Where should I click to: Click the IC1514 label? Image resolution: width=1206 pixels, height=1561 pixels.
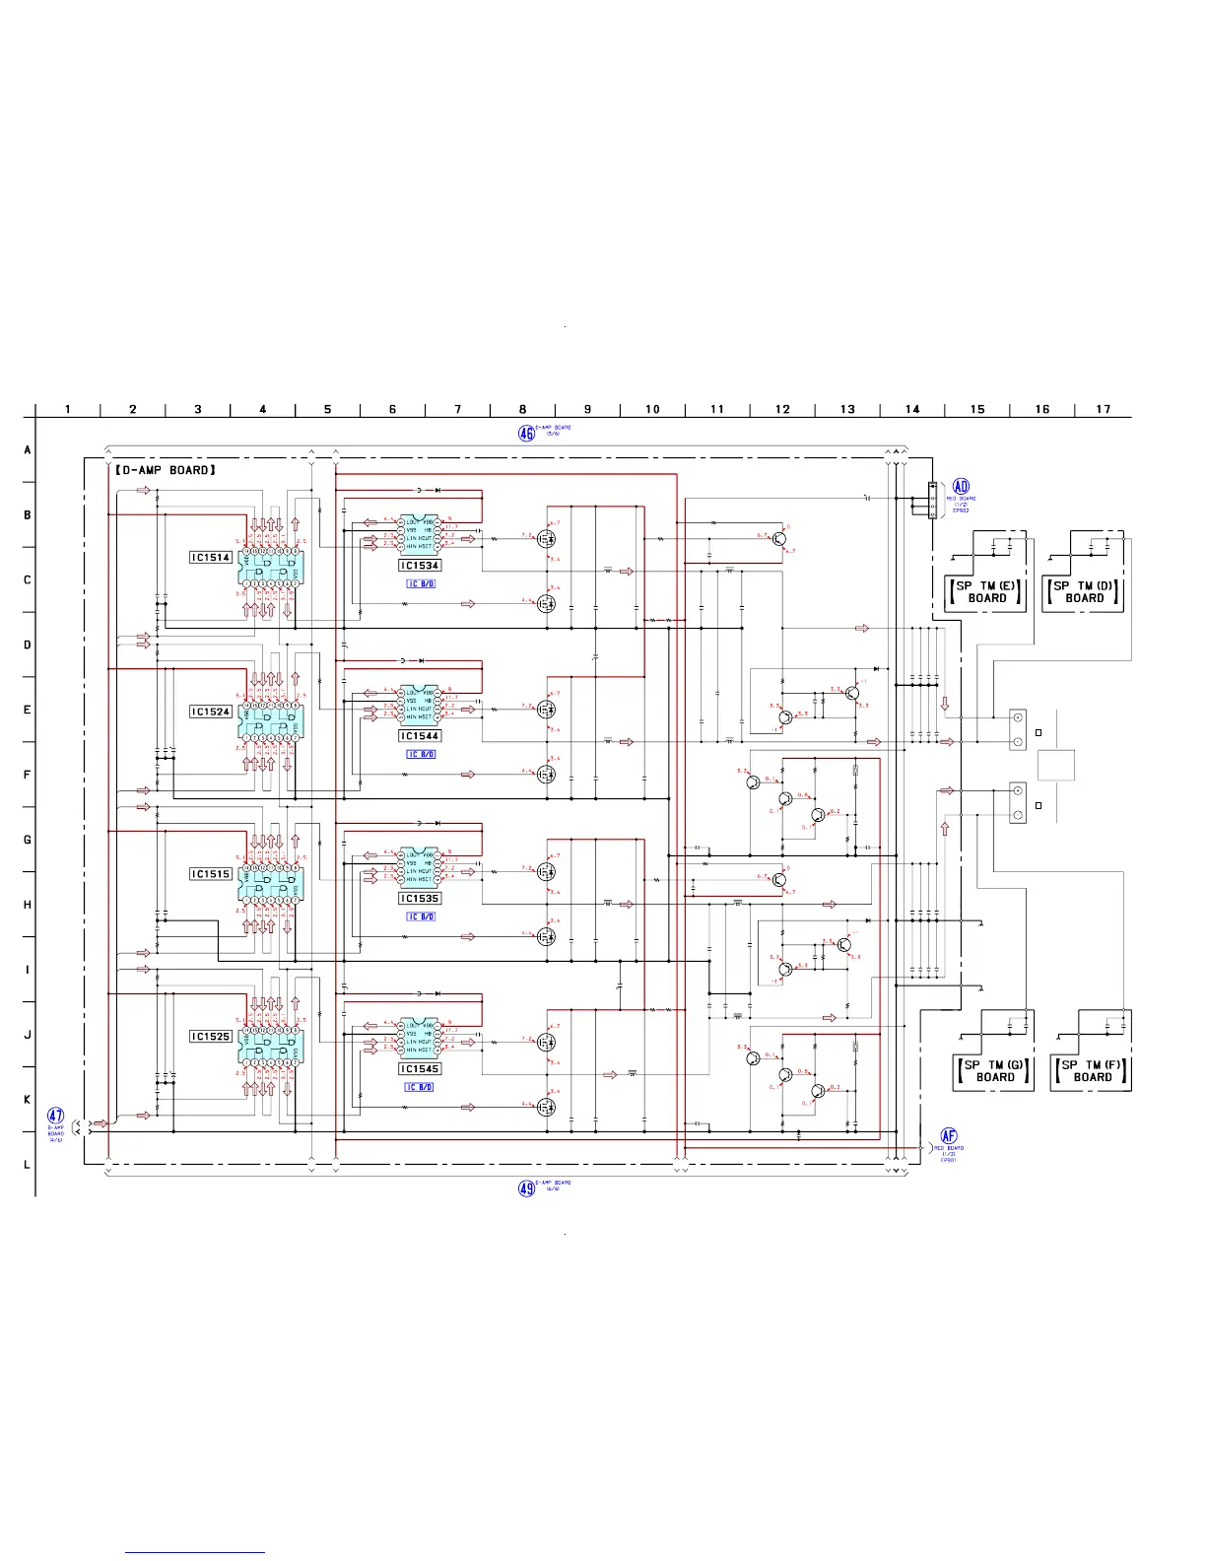[x=211, y=558]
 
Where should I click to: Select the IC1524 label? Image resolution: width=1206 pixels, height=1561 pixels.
[x=211, y=712]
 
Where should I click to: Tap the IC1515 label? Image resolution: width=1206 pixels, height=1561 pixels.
[x=211, y=874]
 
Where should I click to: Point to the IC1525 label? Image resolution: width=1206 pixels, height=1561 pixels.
[x=211, y=1037]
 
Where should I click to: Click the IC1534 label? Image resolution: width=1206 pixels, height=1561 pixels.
[x=420, y=566]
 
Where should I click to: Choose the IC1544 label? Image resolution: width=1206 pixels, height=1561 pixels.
[x=420, y=736]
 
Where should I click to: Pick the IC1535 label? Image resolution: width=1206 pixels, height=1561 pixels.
[x=420, y=899]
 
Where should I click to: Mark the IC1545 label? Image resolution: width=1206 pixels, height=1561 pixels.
[x=420, y=1069]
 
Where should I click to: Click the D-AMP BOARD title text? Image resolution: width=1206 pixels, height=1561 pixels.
[x=165, y=470]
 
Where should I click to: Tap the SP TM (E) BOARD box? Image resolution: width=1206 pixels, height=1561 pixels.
[x=986, y=591]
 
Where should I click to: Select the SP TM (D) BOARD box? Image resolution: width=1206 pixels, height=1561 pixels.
[x=1084, y=591]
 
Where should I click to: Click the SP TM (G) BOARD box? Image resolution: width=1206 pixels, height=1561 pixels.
[x=994, y=1071]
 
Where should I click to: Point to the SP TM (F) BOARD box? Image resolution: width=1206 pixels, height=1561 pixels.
[x=1092, y=1071]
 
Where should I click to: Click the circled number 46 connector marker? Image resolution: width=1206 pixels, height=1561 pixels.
[x=527, y=432]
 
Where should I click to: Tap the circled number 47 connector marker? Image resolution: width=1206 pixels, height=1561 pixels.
[x=56, y=1117]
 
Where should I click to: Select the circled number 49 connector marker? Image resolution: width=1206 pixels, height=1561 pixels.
[x=527, y=1188]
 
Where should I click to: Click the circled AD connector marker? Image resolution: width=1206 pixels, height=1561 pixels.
[x=961, y=487]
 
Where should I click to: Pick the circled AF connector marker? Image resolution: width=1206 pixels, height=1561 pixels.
[x=949, y=1136]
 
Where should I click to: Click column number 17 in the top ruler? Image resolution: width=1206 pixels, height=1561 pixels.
[x=1104, y=409]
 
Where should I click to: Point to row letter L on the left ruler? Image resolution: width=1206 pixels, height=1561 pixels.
[x=28, y=1165]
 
